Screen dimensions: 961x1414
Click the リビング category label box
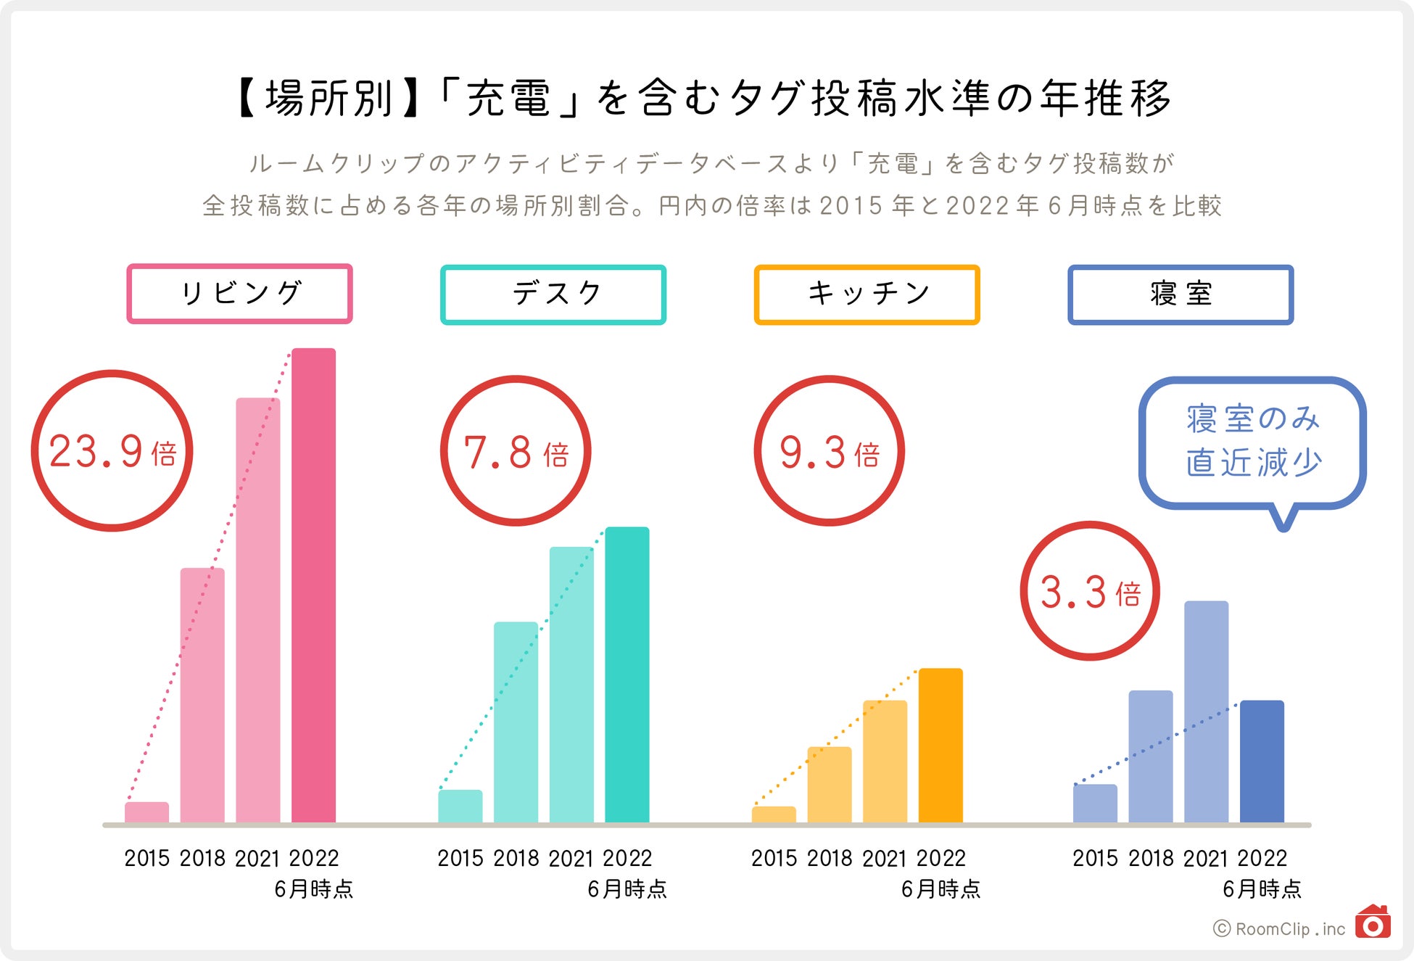click(x=239, y=294)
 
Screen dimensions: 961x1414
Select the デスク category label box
click(x=553, y=294)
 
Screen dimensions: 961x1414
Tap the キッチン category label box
click(x=867, y=294)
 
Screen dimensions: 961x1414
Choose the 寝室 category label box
click(x=1181, y=294)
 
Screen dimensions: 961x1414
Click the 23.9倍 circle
click(x=112, y=450)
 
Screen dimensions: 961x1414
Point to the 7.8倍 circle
click(x=516, y=450)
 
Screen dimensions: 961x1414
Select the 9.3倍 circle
click(x=829, y=450)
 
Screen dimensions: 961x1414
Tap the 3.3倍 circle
click(x=1090, y=590)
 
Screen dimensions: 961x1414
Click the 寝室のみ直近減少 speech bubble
click(x=1252, y=442)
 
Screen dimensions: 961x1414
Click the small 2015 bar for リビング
click(x=146, y=812)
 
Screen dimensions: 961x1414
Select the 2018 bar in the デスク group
click(x=516, y=722)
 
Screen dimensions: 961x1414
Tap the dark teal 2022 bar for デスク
click(x=627, y=675)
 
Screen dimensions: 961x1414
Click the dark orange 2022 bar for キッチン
click(x=940, y=745)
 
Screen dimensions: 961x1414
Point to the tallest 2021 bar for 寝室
click(x=1206, y=711)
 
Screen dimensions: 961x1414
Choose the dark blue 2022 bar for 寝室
click(x=1262, y=761)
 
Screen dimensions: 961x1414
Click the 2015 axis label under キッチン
click(x=774, y=859)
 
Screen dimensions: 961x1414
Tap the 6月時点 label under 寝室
click(x=1262, y=889)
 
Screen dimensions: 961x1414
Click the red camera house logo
click(x=1373, y=923)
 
